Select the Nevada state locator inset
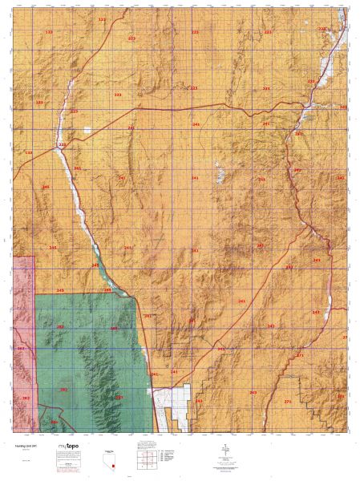113,458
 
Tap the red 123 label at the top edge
101,19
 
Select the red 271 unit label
300,354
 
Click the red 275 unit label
288,400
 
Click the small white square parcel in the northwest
88,131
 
